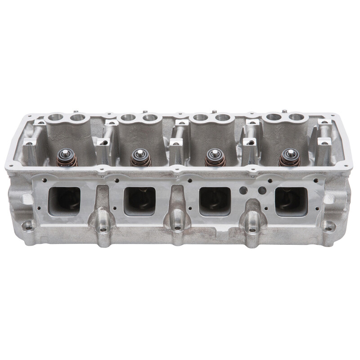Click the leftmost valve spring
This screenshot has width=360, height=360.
click(x=66, y=159)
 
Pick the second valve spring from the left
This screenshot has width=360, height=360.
click(x=140, y=159)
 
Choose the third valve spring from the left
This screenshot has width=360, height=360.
click(x=215, y=159)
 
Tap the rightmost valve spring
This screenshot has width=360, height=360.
click(x=289, y=158)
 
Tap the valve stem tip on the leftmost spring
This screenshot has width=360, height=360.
click(x=66, y=152)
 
